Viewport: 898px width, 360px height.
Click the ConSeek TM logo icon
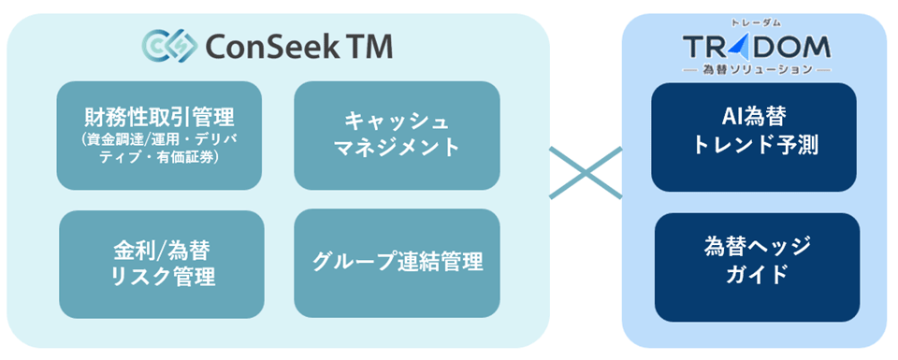[169, 44]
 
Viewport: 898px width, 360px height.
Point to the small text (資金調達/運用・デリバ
[158, 140]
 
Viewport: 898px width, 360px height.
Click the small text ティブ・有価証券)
[158, 158]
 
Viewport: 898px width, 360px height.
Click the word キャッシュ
[397, 121]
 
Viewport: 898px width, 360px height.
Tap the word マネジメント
[397, 147]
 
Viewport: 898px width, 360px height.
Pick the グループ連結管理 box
[397, 261]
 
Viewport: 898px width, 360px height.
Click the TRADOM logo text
[756, 47]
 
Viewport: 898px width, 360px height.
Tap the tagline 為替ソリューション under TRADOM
[756, 69]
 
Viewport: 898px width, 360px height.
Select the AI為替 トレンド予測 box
[754, 136]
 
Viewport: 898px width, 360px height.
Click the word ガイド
[757, 279]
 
